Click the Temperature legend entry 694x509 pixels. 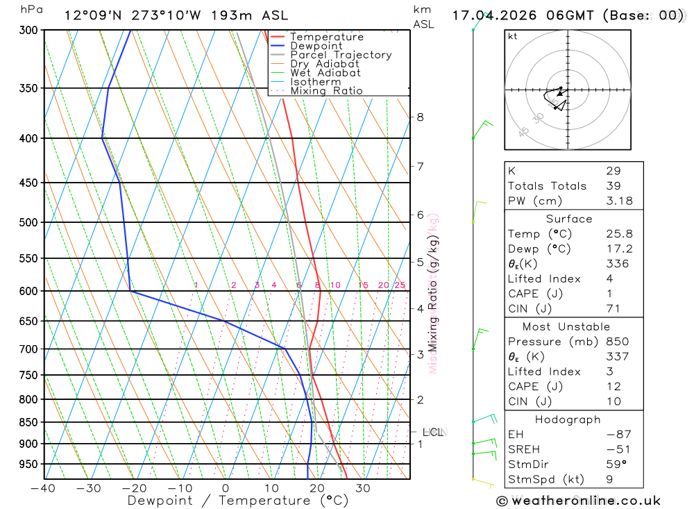tap(326, 37)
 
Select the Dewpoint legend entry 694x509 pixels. tap(316, 46)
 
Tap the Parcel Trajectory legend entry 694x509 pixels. tap(341, 55)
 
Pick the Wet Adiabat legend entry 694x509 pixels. tap(325, 73)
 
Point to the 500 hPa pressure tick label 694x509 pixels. tap(30, 223)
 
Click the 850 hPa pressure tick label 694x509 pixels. tap(30, 422)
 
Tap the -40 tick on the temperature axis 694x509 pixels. tap(43, 488)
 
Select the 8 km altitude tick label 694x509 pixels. tap(420, 117)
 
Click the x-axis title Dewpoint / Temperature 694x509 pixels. tap(237, 501)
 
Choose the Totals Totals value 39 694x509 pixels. tap(613, 185)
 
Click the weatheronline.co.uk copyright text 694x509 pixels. tap(578, 500)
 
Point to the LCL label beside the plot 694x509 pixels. tap(432, 432)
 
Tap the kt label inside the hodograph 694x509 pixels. tap(513, 36)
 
